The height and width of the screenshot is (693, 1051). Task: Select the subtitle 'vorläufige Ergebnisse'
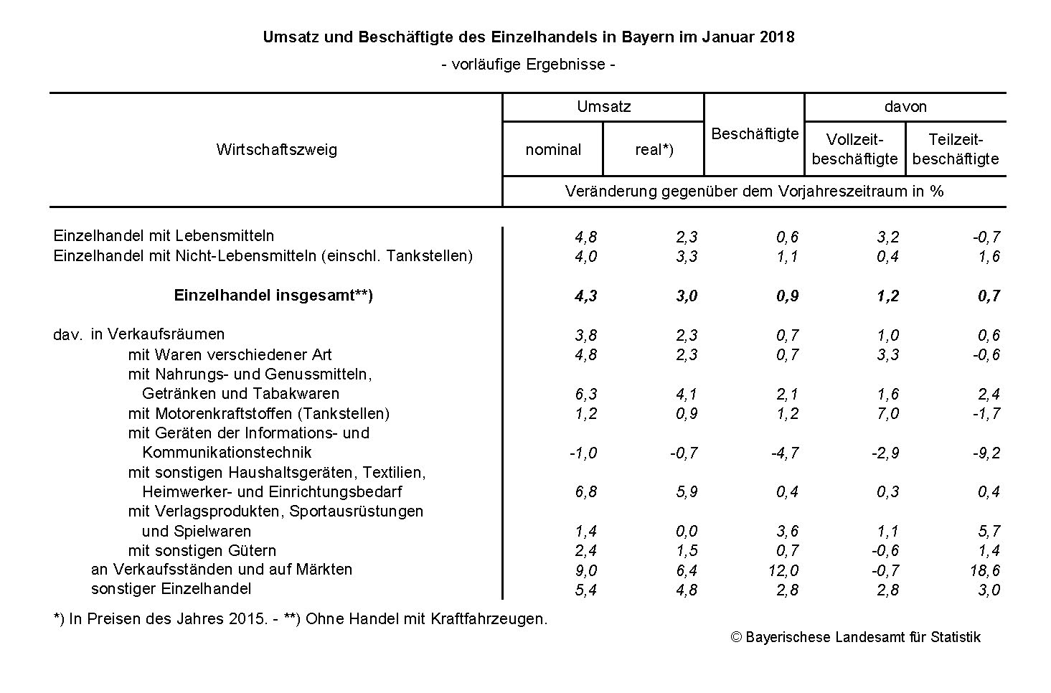(529, 65)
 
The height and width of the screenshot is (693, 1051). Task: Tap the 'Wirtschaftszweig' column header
(276, 150)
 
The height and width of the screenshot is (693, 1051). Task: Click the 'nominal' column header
(553, 150)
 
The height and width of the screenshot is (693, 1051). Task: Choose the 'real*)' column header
(654, 150)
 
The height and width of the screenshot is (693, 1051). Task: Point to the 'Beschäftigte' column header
(755, 134)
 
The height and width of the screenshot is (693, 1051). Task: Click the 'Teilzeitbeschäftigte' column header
(956, 149)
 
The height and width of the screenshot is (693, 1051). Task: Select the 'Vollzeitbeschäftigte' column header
(854, 149)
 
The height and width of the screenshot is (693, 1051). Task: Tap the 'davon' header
(905, 107)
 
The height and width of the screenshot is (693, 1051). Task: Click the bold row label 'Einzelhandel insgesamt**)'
(273, 296)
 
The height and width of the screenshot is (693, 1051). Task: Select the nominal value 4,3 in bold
(586, 296)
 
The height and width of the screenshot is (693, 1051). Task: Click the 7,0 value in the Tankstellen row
(887, 414)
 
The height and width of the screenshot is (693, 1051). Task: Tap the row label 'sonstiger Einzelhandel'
(171, 589)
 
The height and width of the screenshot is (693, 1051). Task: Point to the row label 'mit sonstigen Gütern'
(202, 551)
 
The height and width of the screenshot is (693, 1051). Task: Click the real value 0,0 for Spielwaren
(687, 532)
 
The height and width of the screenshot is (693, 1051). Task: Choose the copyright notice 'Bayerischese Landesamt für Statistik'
(855, 637)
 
